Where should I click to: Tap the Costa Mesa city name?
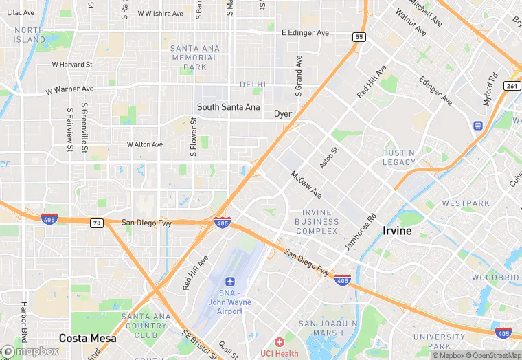tap(87, 338)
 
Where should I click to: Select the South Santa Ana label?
tap(228, 107)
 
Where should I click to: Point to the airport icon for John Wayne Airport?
tap(231, 282)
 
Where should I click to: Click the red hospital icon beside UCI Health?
tap(279, 342)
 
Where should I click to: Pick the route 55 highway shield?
tap(360, 36)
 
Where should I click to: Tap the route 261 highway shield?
tap(511, 85)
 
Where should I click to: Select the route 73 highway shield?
tap(97, 223)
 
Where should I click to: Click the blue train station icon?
tap(478, 126)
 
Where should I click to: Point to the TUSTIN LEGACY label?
tap(399, 157)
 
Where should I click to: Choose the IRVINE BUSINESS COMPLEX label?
tap(317, 222)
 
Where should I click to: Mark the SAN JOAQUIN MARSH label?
tap(328, 328)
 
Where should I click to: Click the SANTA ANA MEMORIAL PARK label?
tap(194, 58)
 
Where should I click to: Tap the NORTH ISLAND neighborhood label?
tap(30, 34)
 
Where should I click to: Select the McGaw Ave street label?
tap(306, 185)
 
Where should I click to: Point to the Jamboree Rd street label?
tap(361, 233)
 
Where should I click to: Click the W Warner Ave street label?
tap(69, 90)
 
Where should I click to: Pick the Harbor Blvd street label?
tap(25, 333)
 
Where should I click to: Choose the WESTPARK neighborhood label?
tap(466, 203)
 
